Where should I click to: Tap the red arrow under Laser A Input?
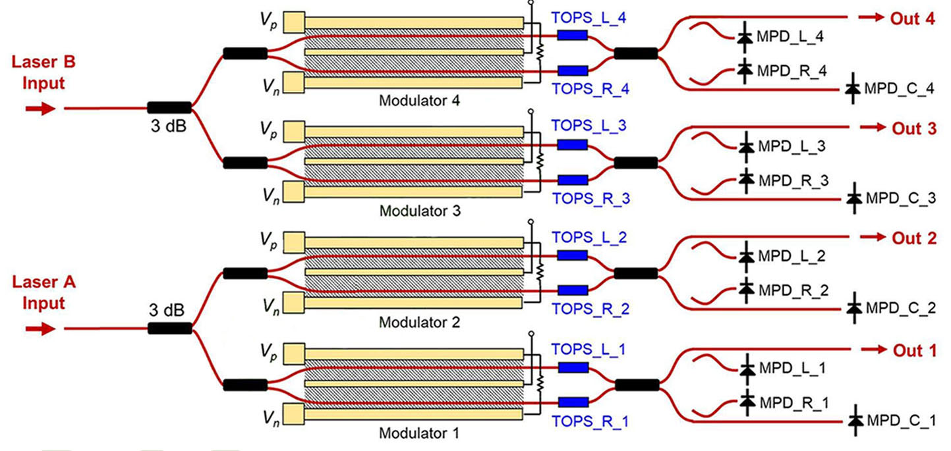[x=40, y=329]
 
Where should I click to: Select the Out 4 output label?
[x=913, y=18]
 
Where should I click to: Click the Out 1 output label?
[x=914, y=351]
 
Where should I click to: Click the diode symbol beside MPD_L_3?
[x=746, y=144]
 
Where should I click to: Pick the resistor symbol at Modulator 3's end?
[x=540, y=160]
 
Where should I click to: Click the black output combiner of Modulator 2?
[x=635, y=273]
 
